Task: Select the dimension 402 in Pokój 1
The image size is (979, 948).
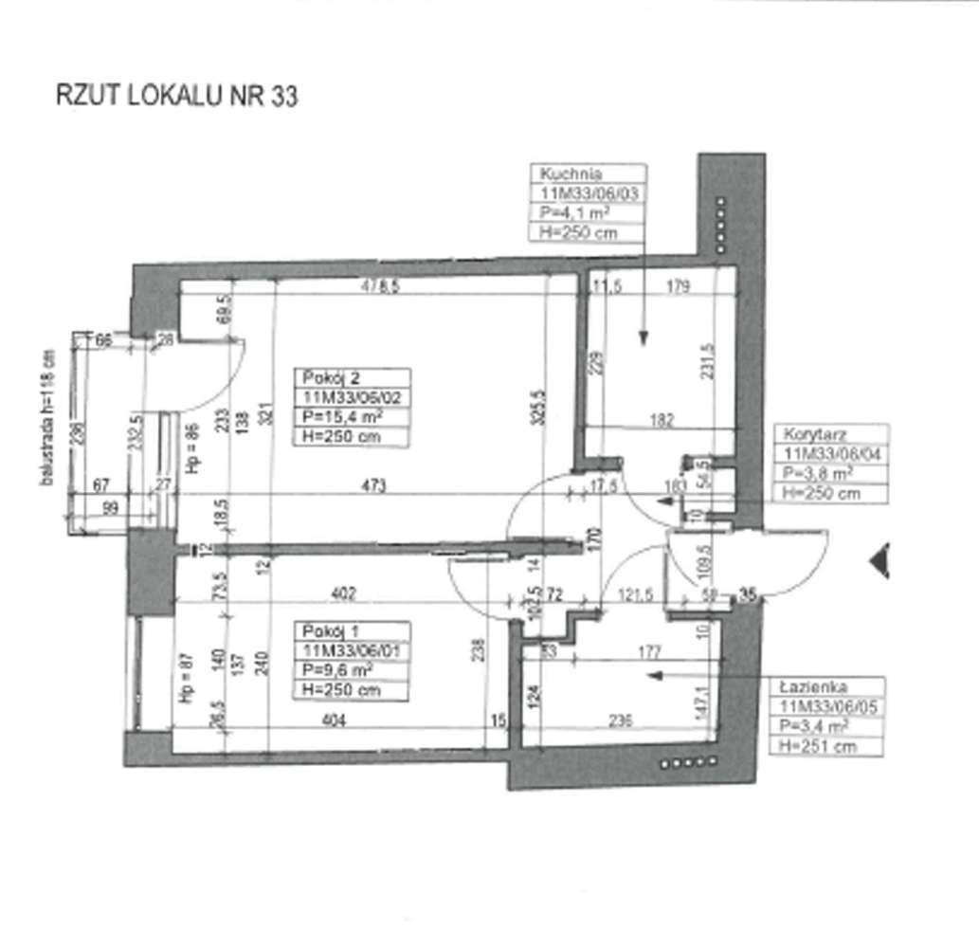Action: point(343,593)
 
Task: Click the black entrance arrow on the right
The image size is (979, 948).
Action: point(879,560)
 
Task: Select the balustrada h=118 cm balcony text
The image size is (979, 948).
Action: point(46,417)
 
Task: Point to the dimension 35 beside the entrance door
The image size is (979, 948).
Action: point(748,595)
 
